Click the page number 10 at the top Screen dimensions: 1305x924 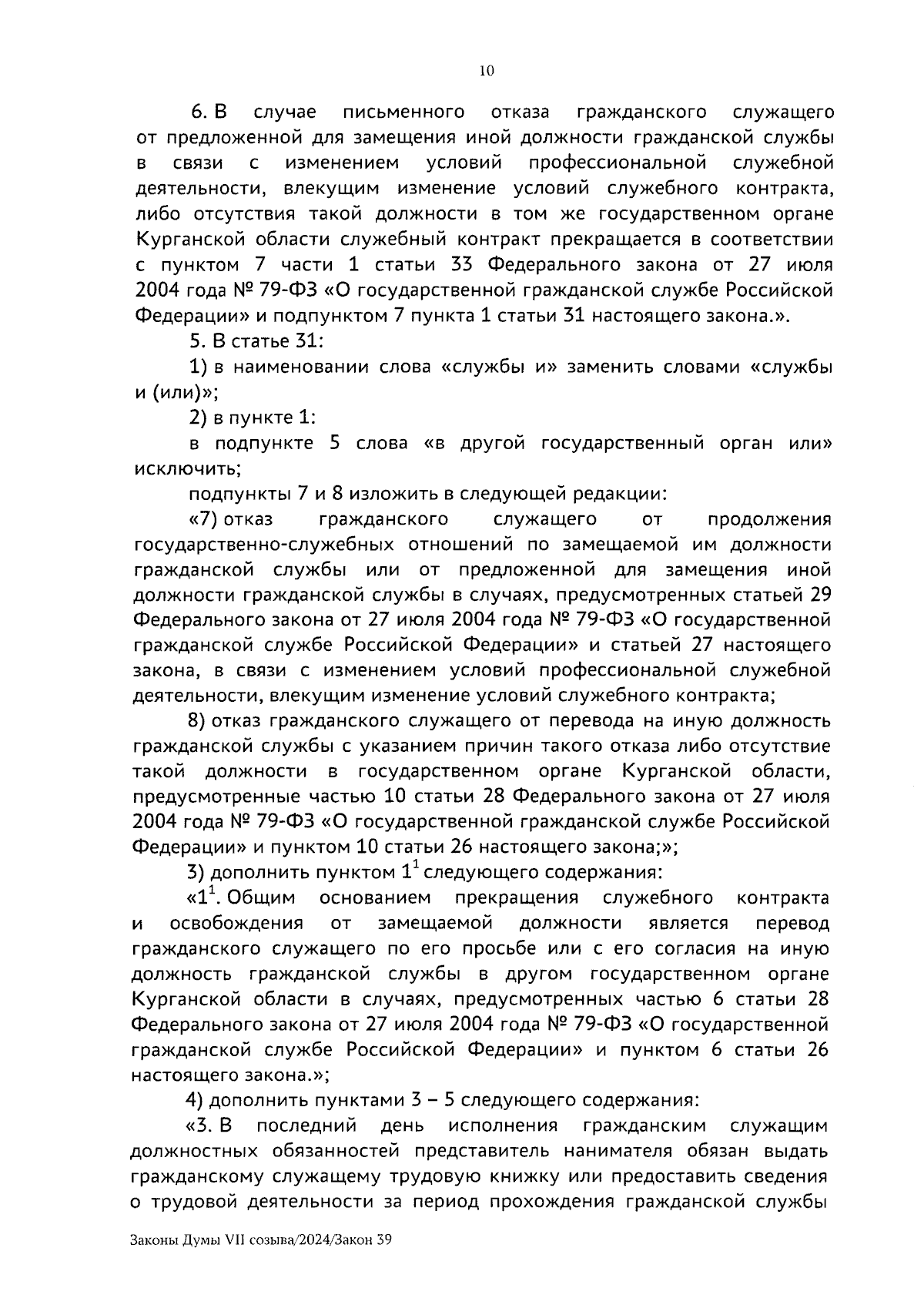click(x=486, y=71)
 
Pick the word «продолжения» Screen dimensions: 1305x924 click(x=769, y=519)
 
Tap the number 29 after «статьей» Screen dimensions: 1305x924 click(x=818, y=595)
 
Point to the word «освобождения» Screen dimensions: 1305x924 click(x=236, y=923)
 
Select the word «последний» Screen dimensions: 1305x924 click(x=306, y=1126)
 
